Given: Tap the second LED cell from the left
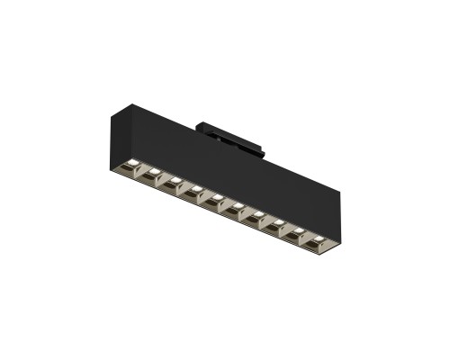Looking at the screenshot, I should pyautogui.click(x=152, y=173).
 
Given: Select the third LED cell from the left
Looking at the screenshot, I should pyautogui.click(x=173, y=182).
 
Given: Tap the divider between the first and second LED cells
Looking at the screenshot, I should pyautogui.click(x=142, y=169).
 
